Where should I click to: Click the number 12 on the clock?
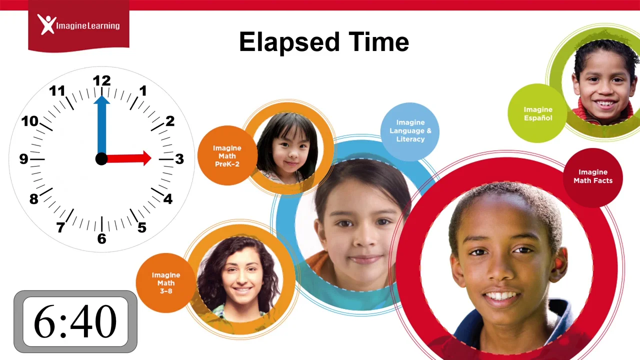point(101,80)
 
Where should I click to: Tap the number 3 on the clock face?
point(179,159)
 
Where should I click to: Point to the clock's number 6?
point(101,239)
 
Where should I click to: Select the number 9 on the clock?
point(23,159)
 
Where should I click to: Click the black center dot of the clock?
point(101,159)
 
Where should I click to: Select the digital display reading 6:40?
point(75,321)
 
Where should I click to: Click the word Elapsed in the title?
point(284,42)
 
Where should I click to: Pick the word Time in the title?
point(382,42)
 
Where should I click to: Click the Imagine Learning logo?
point(78,24)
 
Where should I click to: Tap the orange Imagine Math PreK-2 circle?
point(227,155)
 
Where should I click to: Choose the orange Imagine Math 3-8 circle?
point(165,282)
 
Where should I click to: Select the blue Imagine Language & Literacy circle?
point(410,131)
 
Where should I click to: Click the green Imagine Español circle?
point(537,113)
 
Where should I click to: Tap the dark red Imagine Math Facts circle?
point(593,176)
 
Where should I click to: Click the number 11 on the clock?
point(57,91)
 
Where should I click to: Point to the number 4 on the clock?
point(167,199)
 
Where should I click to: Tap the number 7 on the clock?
point(60,228)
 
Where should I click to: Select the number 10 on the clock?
point(29,121)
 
